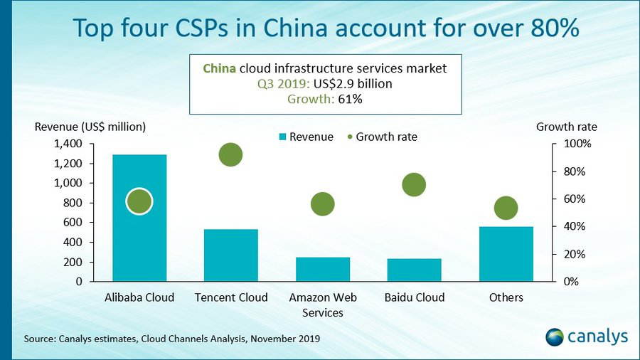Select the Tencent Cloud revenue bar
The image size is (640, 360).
coord(231,255)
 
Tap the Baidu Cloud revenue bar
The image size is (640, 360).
coord(415,270)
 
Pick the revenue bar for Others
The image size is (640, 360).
coord(506,254)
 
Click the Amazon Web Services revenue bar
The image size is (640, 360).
coord(323,270)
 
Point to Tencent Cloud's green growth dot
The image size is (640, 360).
coord(230,154)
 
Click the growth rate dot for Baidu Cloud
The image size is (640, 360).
coord(414,184)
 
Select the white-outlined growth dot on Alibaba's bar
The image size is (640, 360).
coord(139,201)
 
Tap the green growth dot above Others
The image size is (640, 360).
coord(506,208)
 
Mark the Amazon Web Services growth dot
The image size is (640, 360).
coord(322,204)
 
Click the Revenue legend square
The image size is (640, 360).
coord(282,137)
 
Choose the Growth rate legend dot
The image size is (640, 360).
coord(350,137)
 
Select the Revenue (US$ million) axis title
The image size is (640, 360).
coord(90,127)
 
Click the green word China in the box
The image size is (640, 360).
coord(219,68)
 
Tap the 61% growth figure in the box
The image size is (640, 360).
coord(350,99)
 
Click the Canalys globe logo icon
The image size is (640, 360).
coord(555,337)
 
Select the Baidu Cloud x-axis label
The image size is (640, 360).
coord(415,297)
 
